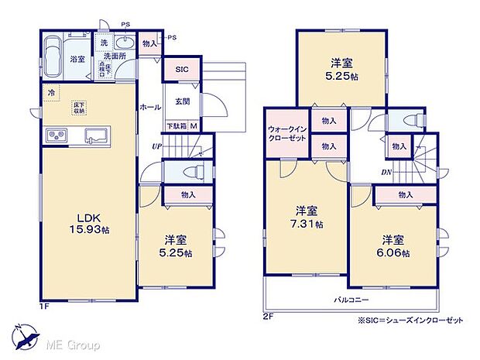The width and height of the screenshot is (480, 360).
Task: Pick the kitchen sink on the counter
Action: tap(97, 135)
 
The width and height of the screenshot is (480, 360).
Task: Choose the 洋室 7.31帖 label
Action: tap(307, 217)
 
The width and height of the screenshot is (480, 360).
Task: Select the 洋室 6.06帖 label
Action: tap(394, 245)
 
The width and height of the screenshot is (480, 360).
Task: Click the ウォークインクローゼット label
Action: tap(288, 132)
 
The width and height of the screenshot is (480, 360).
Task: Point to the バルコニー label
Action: tap(352, 299)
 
